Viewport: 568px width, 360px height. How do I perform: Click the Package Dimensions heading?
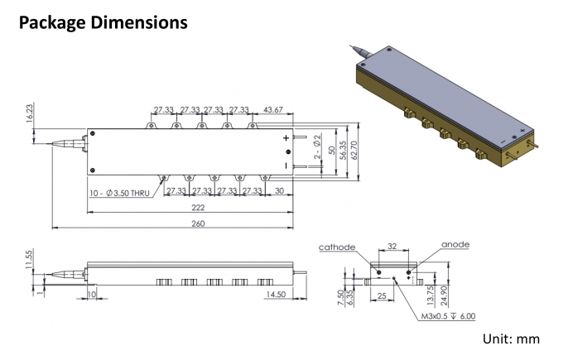coord(103,23)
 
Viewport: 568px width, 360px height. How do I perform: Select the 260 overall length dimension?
coord(198,223)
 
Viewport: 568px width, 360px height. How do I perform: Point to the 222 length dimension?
coord(198,208)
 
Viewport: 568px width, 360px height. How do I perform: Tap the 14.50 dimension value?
coord(277,294)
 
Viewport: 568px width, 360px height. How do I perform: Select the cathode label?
coord(337,247)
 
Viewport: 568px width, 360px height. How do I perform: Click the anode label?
coord(455,245)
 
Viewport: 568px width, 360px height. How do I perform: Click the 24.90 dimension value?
coord(445,286)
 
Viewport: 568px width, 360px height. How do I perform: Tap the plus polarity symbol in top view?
coord(286,138)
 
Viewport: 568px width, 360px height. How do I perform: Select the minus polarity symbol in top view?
coord(286,165)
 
